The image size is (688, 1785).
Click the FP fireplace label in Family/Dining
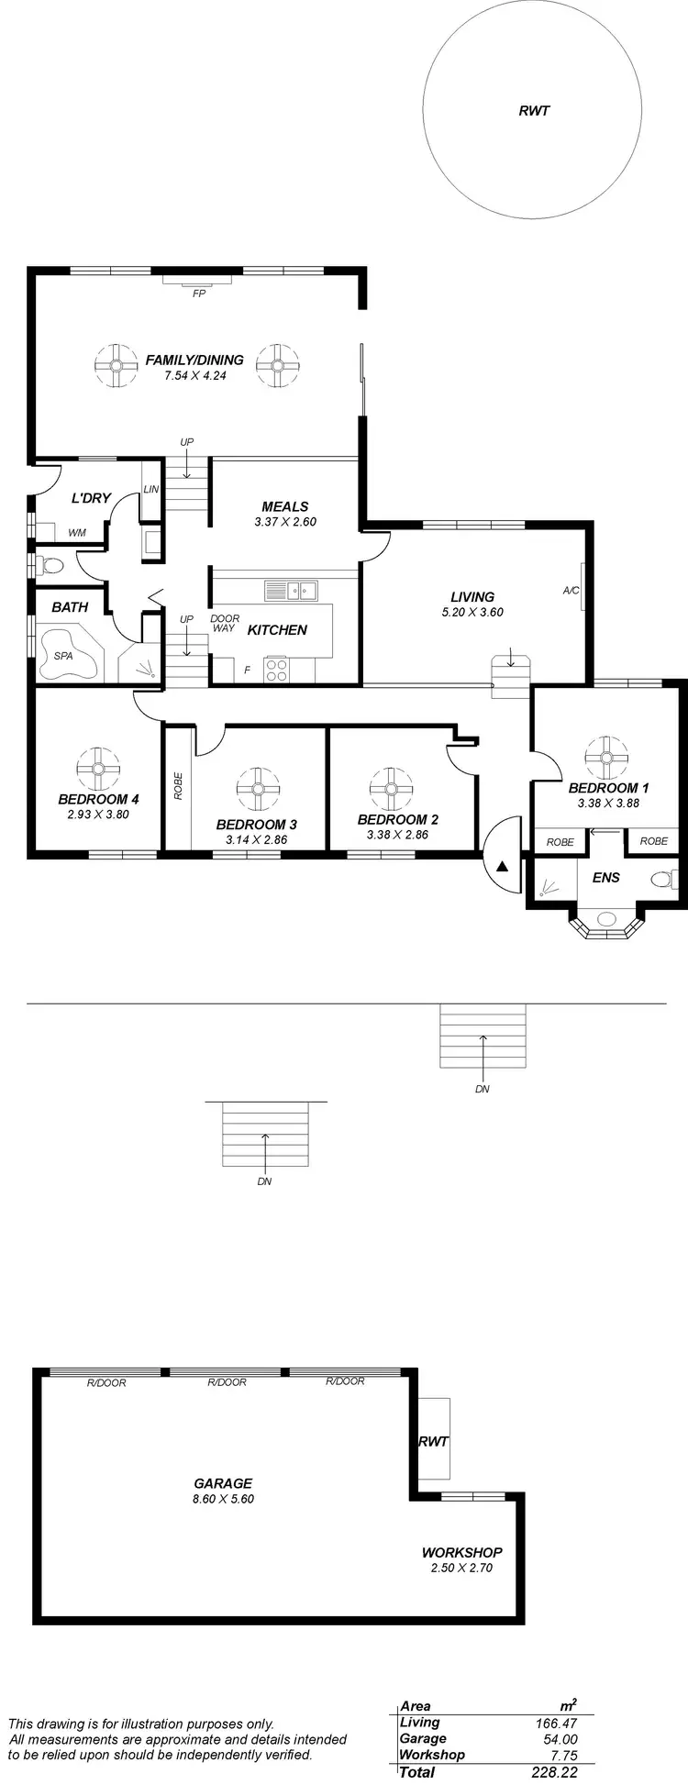pyautogui.click(x=198, y=294)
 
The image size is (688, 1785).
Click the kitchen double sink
pyautogui.click(x=291, y=589)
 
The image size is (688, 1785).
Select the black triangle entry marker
pyautogui.click(x=502, y=865)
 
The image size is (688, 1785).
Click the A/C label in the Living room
pyautogui.click(x=571, y=591)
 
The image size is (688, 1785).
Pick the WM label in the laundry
pyautogui.click(x=77, y=532)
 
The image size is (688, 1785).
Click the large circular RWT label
pyautogui.click(x=534, y=110)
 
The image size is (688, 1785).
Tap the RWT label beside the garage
pyautogui.click(x=433, y=1441)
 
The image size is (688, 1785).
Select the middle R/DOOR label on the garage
pyautogui.click(x=227, y=1382)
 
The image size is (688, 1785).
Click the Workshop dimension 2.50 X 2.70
pyautogui.click(x=461, y=1568)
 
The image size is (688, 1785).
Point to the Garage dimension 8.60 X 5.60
pyautogui.click(x=222, y=1499)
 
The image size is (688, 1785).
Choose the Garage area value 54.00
pyautogui.click(x=560, y=1739)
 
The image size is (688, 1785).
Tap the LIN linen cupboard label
pyautogui.click(x=151, y=489)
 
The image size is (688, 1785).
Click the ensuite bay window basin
pyautogui.click(x=606, y=918)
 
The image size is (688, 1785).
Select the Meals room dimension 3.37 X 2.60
pyautogui.click(x=284, y=522)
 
